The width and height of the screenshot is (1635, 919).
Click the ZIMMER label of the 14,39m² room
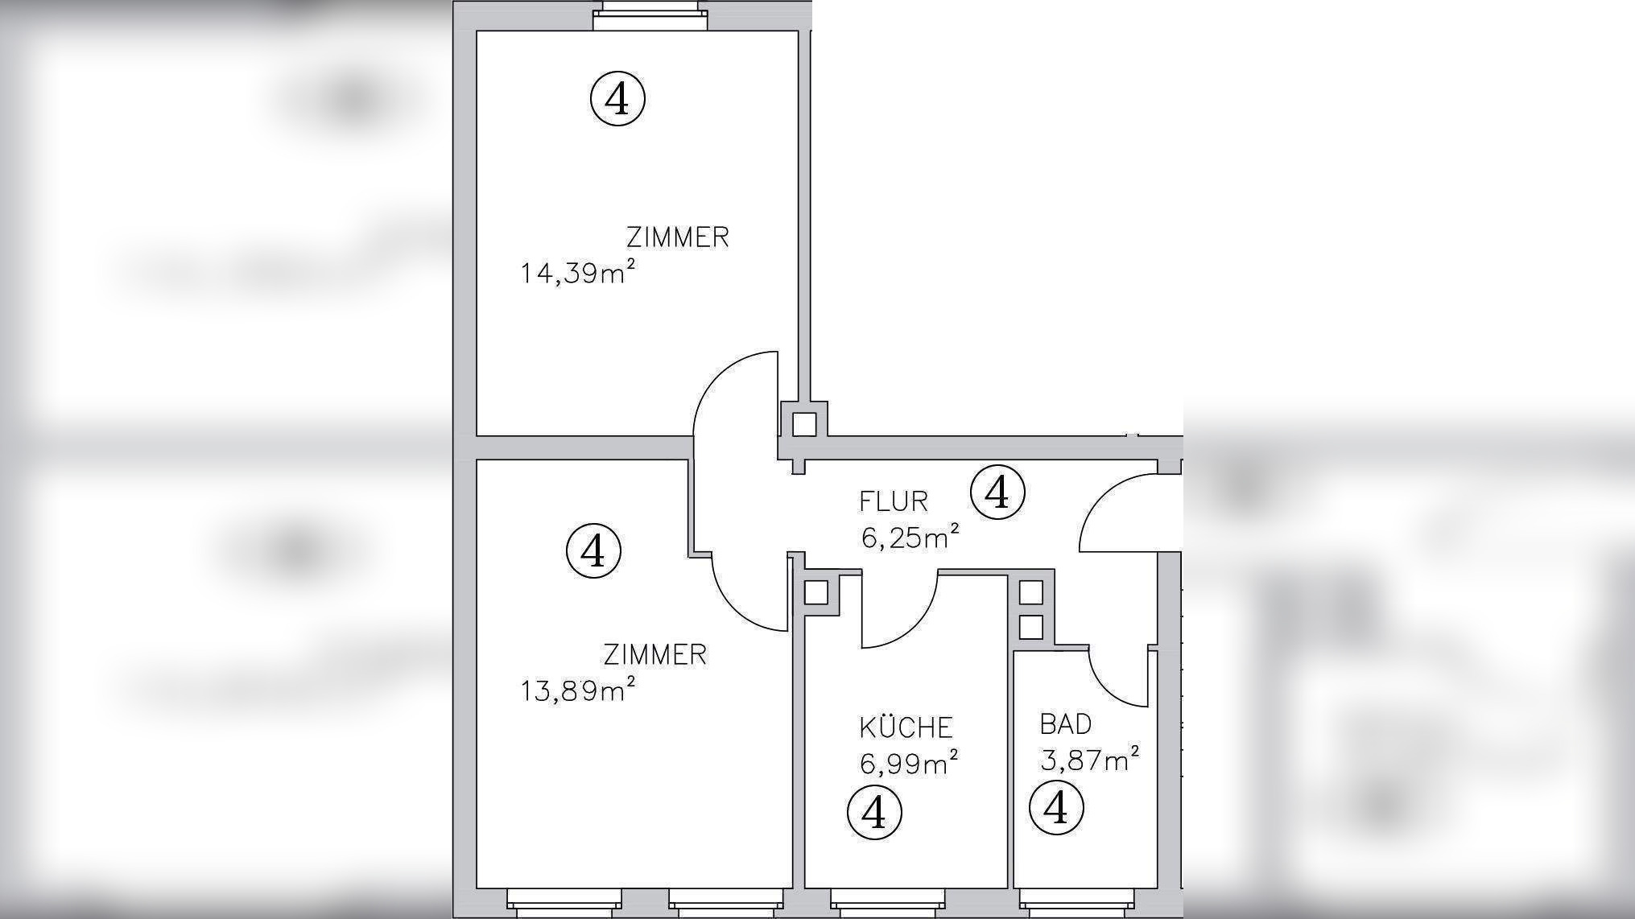click(x=677, y=237)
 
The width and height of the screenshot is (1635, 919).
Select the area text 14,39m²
click(x=577, y=273)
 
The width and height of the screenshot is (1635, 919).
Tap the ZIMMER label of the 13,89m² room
click(x=654, y=655)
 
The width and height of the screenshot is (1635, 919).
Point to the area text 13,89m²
click(x=577, y=690)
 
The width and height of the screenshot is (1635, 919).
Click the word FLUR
click(x=893, y=502)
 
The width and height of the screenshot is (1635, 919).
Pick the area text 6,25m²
click(x=910, y=537)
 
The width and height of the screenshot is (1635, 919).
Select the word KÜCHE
click(x=906, y=727)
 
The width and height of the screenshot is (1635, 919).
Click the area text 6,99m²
click(x=909, y=762)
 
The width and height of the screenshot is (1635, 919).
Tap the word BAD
click(x=1065, y=724)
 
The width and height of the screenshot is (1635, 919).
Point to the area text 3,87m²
click(x=1089, y=759)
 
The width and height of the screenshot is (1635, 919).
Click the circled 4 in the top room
click(x=617, y=99)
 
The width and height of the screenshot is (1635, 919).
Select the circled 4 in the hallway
click(x=997, y=492)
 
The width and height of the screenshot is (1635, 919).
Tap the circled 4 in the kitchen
click(x=874, y=813)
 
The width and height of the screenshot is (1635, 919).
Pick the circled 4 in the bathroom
click(x=1056, y=808)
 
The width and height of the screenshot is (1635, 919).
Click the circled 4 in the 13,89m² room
click(x=593, y=551)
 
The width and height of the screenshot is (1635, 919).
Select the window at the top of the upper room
click(x=650, y=16)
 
